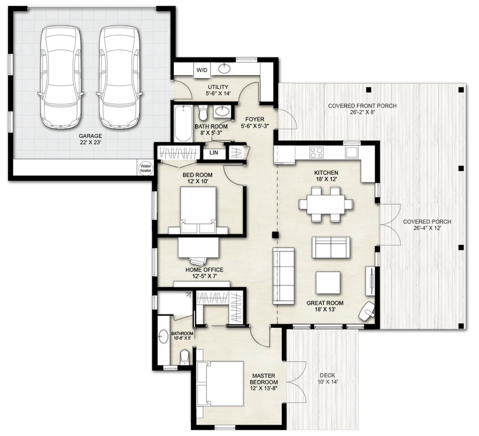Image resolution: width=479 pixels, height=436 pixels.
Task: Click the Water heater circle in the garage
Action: pos(146,168)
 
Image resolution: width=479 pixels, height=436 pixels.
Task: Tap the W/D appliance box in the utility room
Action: pos(202,70)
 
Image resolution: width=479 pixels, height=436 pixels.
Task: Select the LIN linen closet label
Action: pos(214,153)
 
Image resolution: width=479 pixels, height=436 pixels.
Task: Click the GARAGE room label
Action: pos(90,136)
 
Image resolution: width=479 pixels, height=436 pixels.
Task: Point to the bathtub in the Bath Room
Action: pos(183,124)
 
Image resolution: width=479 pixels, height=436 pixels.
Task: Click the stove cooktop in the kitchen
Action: pos(317,152)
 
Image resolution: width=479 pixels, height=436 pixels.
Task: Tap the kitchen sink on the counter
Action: pos(352,152)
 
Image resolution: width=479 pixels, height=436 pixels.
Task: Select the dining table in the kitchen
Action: pos(326,204)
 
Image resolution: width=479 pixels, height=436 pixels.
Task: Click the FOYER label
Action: pos(255,119)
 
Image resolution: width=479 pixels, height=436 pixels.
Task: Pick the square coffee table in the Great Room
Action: pos(328,283)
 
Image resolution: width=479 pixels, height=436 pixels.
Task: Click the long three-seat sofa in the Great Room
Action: pos(283,276)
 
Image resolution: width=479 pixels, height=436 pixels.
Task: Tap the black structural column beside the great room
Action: pos(276,235)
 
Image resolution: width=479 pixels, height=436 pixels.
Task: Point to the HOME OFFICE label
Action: pos(204,270)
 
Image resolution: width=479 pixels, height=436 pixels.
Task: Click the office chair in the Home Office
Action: pos(198,261)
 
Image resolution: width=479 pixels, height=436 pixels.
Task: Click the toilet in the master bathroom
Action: pos(184,357)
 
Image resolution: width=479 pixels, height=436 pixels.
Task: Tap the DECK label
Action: pos(327,375)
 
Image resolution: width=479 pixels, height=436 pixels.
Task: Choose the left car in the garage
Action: pos(61,77)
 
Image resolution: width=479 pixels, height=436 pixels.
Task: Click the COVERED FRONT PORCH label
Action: pos(363,106)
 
